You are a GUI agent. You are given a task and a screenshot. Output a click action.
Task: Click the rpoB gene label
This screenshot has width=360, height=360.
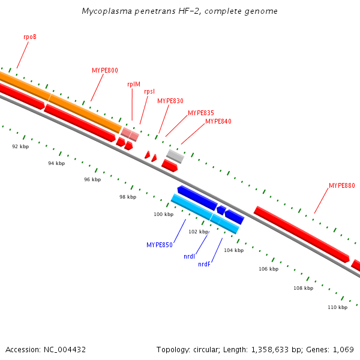click(30, 37)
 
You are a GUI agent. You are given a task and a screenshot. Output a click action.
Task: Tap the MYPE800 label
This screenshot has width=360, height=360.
click(105, 70)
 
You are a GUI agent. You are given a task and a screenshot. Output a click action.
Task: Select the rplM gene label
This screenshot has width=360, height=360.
click(134, 84)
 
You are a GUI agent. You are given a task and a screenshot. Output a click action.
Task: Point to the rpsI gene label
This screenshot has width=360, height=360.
click(149, 91)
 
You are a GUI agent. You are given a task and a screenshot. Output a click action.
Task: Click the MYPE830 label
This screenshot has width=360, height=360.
click(170, 101)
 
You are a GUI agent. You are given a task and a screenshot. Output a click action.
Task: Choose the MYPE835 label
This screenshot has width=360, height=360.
click(200, 113)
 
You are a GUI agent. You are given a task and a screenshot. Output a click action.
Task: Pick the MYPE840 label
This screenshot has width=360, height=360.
click(218, 121)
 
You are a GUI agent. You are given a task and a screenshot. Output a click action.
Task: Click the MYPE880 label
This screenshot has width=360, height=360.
click(341, 185)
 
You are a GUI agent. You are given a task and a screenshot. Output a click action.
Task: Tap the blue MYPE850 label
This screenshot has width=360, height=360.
click(160, 245)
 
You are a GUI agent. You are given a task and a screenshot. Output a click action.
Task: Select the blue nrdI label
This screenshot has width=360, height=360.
click(189, 256)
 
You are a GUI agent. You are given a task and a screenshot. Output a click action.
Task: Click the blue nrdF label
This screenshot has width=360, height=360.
click(204, 264)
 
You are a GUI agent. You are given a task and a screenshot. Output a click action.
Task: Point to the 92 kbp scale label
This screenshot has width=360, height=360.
click(20, 146)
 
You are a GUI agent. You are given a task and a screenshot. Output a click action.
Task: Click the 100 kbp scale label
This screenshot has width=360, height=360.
click(163, 214)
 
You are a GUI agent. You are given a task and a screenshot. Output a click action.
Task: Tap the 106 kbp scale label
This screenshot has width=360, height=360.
click(269, 269)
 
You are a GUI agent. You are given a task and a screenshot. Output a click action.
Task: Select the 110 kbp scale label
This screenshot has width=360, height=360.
click(337, 307)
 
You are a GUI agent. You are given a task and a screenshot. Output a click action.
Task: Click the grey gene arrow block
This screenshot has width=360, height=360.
click(175, 156)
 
